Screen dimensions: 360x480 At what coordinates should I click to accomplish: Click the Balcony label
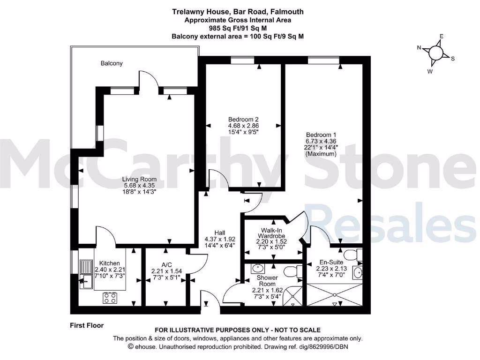tap(112, 63)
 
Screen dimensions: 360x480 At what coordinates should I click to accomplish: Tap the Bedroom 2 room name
tap(243, 119)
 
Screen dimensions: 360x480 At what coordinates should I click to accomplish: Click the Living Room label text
tap(139, 179)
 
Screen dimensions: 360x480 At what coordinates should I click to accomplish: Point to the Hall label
tap(220, 232)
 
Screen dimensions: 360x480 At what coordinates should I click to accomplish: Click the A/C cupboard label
tap(166, 263)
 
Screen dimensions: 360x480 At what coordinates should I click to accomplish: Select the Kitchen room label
tap(107, 263)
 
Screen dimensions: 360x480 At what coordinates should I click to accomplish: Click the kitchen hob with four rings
tap(110, 298)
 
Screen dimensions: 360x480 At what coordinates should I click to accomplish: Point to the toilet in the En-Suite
tap(359, 255)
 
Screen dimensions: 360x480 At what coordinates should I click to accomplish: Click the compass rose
tap(436, 53)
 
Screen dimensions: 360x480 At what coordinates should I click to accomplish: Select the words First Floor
tap(87, 325)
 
